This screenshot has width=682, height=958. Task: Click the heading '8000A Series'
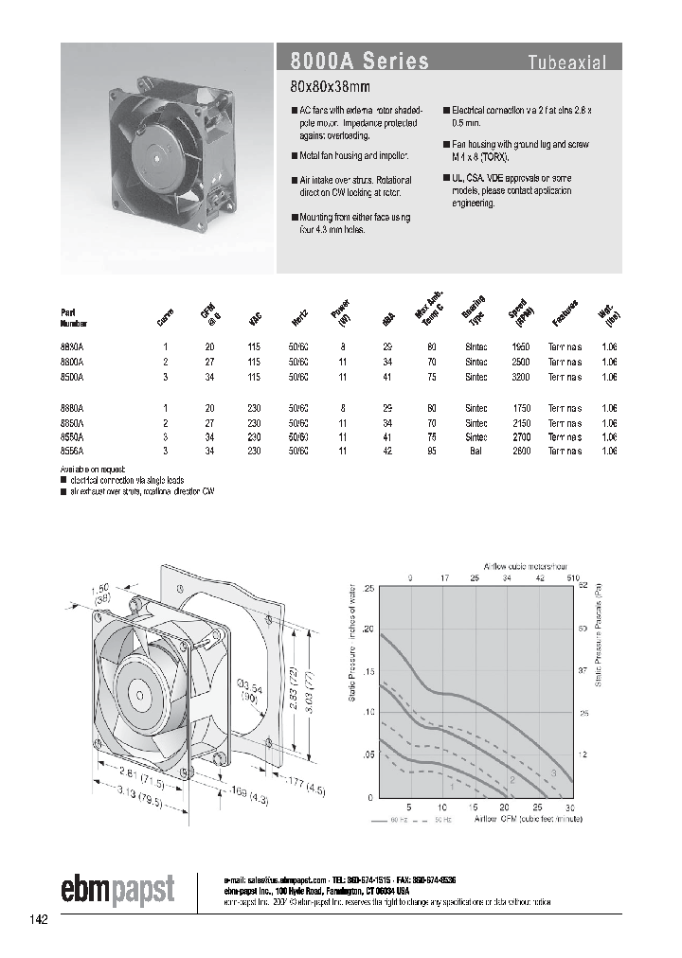pos(353,62)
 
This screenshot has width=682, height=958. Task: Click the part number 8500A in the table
pos(72,376)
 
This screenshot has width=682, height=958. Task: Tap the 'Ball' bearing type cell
pos(476,452)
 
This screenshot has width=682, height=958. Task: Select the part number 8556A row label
pos(72,452)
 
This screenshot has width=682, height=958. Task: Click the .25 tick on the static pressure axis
pos(368,589)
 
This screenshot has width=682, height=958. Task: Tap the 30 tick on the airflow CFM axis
pos(568,807)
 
